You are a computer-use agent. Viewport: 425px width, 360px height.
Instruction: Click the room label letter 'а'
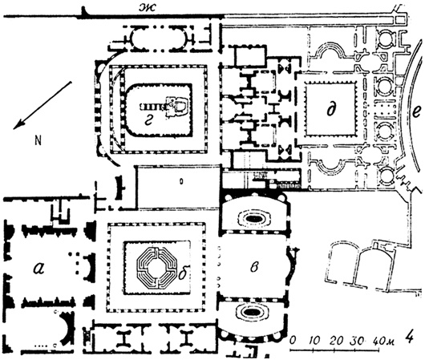click(x=38, y=269)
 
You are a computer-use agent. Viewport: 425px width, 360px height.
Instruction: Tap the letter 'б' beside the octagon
click(x=184, y=273)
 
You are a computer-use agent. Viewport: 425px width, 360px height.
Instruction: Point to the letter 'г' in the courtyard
click(x=148, y=123)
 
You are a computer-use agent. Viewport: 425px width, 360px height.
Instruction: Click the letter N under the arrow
click(x=38, y=140)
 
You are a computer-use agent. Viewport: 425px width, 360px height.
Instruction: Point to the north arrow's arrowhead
click(x=19, y=125)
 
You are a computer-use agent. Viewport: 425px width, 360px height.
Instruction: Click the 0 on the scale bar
click(x=293, y=339)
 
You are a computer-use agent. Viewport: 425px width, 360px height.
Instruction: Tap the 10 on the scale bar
click(x=314, y=341)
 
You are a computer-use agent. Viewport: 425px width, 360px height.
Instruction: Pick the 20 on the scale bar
click(x=336, y=341)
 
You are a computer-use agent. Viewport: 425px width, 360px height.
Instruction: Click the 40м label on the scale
click(x=384, y=340)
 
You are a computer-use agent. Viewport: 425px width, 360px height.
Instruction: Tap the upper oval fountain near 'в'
click(x=253, y=217)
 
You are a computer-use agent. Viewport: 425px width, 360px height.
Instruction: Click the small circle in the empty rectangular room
click(x=181, y=182)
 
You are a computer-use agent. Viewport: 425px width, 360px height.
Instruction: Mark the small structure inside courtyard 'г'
click(x=165, y=107)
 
